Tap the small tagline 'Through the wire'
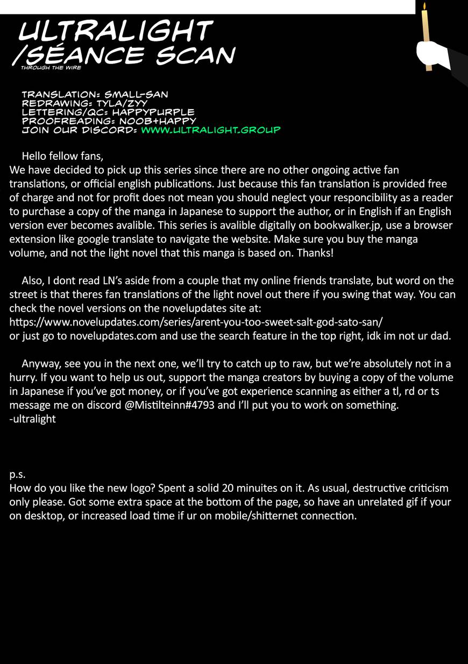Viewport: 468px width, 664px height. coord(51,68)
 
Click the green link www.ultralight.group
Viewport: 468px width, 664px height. coord(210,130)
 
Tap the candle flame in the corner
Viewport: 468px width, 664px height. coord(424,6)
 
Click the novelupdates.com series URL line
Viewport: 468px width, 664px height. coord(196,322)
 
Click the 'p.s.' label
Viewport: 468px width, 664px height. coord(18,475)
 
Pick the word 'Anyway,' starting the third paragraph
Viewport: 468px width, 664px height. coord(39,364)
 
